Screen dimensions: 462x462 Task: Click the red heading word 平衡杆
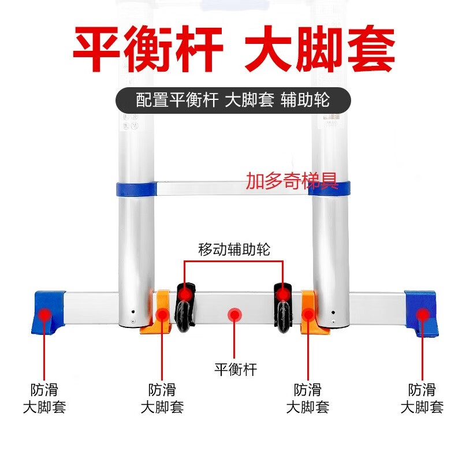pos(148,49)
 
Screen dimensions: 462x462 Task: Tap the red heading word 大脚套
pos(320,49)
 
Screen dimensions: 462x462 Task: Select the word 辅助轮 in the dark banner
pos(305,100)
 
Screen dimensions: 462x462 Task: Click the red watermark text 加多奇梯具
pos(292,181)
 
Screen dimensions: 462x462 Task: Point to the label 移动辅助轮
pos(234,249)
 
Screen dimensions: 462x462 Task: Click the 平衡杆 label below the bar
pos(236,370)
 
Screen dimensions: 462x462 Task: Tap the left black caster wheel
pos(186,307)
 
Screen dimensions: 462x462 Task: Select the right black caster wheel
pos(283,308)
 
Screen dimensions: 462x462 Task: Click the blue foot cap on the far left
pos(48,312)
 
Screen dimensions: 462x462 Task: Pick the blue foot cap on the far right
pos(422,314)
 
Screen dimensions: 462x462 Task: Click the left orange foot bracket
pos(157,312)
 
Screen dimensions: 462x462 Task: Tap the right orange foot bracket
pos(313,312)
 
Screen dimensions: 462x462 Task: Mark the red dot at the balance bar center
pos(234,315)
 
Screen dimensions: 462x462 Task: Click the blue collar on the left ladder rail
pos(136,189)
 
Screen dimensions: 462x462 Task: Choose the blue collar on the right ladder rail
pos(329,189)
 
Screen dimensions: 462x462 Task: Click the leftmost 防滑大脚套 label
pos(44,398)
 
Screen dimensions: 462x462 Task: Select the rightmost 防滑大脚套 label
pos(422,398)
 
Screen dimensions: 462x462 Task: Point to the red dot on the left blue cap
pos(44,315)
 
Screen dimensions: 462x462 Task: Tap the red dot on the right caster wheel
pos(283,294)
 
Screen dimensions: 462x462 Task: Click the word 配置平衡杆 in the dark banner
pos(177,100)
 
